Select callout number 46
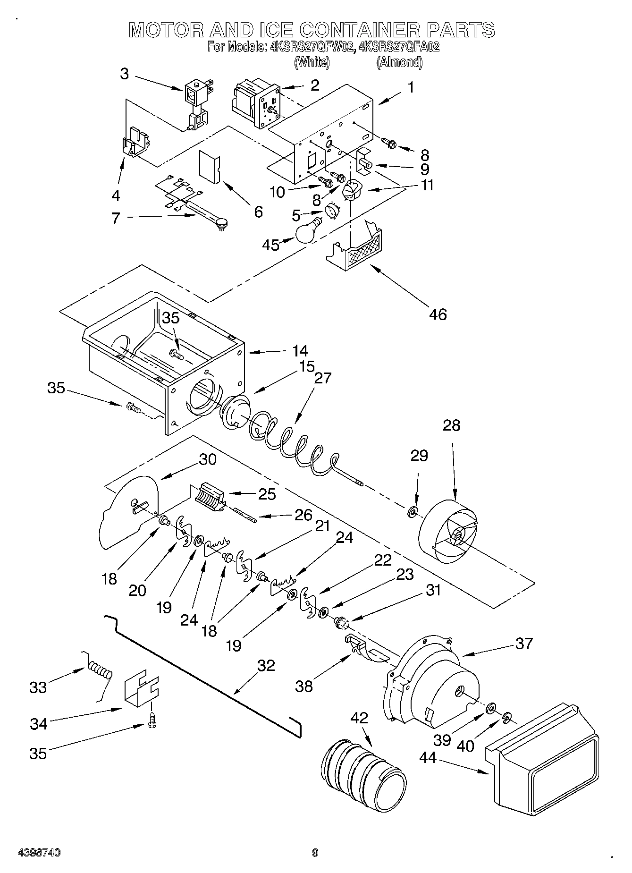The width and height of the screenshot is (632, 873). point(438,314)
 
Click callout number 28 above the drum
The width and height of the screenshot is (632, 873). point(451,425)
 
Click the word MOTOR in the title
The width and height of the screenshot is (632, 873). point(164,30)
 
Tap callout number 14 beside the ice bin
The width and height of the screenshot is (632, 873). point(300,351)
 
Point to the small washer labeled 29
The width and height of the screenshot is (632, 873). point(412,511)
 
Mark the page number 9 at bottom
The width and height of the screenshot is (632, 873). point(315,853)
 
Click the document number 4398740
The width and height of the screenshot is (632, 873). point(39,853)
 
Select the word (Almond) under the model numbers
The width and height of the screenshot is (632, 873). point(399,62)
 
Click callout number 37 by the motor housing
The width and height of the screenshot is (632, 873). point(523,643)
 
